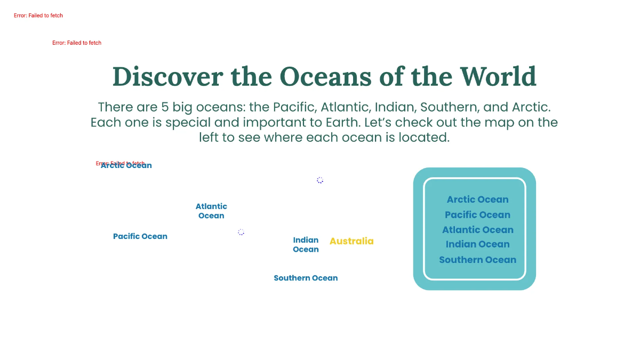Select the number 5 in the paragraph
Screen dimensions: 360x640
tap(165, 107)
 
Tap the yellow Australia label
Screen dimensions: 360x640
tap(351, 241)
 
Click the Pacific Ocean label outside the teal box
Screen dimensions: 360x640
tap(140, 236)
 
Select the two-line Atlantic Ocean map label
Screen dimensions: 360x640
tap(211, 211)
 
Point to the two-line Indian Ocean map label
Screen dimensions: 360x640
tap(306, 245)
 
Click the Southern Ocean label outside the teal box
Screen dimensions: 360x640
tap(306, 278)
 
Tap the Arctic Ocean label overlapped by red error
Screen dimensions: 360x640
tap(126, 165)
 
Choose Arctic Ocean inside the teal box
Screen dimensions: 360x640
tap(477, 199)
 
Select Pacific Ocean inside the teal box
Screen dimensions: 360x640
tap(477, 215)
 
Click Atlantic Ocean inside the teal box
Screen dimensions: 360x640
tap(477, 230)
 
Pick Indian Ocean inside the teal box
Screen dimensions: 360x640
tap(477, 244)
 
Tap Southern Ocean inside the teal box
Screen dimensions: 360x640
tap(477, 260)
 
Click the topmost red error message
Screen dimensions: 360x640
tap(38, 15)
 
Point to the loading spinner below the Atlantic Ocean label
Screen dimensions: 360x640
tap(241, 232)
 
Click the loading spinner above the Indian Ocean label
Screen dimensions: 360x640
tap(320, 180)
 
